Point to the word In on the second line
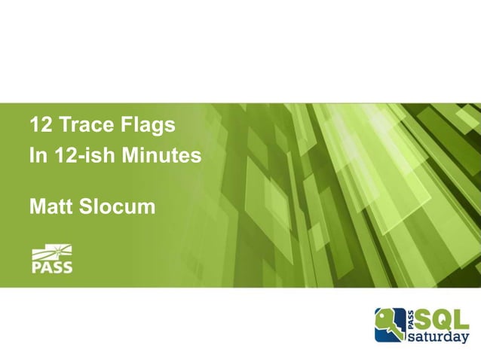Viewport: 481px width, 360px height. tap(36, 156)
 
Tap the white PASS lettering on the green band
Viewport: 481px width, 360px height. tap(52, 267)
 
